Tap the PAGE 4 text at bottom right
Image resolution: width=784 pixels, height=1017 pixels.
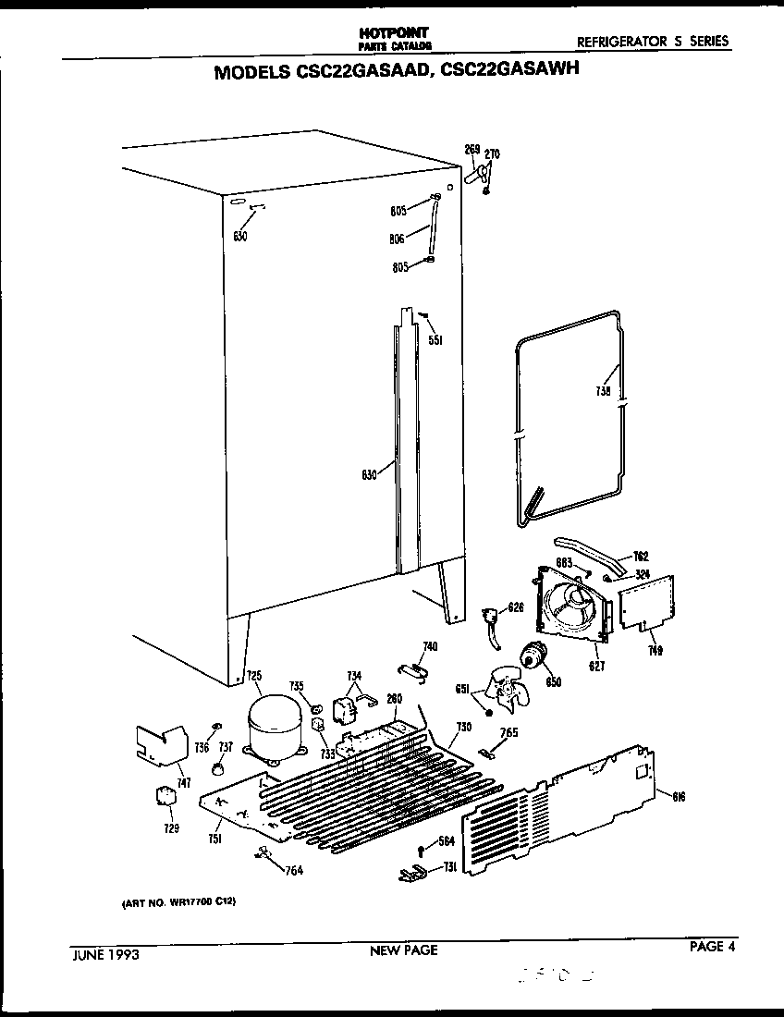click(711, 946)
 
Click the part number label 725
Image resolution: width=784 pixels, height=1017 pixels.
click(253, 676)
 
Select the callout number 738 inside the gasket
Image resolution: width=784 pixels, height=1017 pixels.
click(603, 392)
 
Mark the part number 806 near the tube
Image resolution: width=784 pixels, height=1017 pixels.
click(398, 239)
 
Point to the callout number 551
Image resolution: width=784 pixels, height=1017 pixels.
click(435, 340)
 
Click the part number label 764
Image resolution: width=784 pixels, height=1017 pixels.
click(294, 870)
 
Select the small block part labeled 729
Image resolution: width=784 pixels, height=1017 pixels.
click(163, 798)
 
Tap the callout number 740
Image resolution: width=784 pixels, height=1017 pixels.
click(430, 645)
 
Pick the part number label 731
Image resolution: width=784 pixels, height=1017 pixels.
click(450, 866)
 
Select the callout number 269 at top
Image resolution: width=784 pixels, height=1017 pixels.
click(472, 149)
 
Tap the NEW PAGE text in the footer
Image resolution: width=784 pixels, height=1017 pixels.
click(403, 950)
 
